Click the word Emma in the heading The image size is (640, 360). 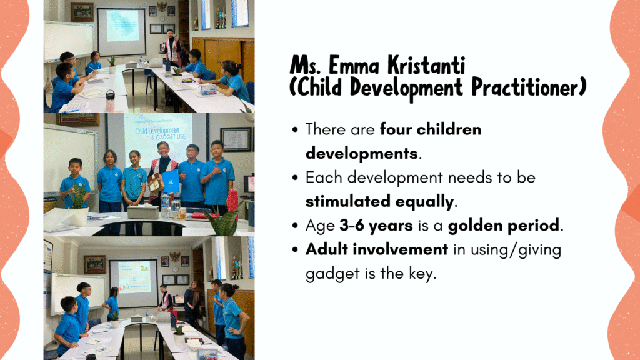355,65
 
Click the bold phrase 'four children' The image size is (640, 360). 431,129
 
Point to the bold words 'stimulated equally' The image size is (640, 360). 379,202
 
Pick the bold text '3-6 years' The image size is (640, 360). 376,225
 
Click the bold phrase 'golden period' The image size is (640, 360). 504,225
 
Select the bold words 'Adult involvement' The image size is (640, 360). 377,249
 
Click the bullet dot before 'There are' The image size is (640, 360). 295,130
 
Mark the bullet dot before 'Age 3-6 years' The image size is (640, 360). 295,226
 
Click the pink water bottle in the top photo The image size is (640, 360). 110,101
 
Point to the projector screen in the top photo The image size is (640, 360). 122,31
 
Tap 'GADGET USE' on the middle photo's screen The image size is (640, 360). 171,137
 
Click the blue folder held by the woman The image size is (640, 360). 171,181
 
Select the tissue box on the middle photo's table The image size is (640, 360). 143,212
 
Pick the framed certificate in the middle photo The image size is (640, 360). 236,139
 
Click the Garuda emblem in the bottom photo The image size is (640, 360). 175,257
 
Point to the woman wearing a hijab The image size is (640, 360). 192,302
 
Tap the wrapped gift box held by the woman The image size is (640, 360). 155,182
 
